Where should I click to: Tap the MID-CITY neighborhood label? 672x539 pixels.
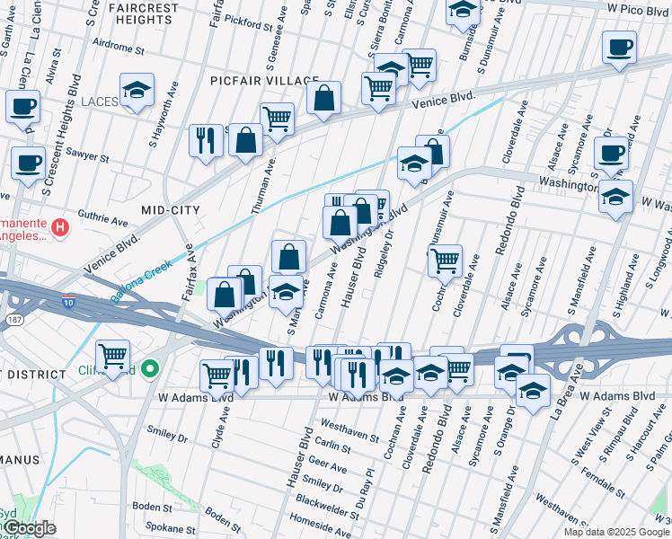pos(170,209)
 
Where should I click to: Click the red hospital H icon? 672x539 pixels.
pos(60,227)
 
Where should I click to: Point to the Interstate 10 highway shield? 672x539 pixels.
pos(69,300)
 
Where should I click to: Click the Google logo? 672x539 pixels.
pos(29,528)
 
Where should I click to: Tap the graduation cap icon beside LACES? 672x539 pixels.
pos(137,90)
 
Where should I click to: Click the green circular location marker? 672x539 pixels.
pos(151,368)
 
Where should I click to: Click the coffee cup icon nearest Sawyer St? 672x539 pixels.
pos(28,163)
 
